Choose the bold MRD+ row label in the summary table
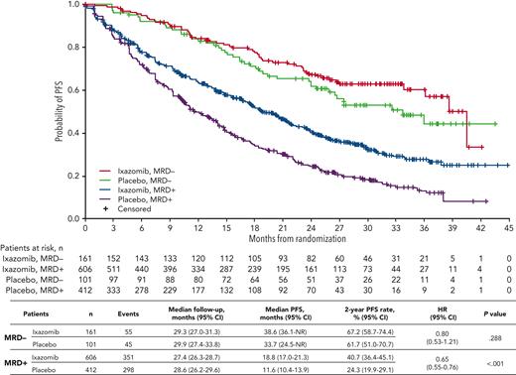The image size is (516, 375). (16, 361)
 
